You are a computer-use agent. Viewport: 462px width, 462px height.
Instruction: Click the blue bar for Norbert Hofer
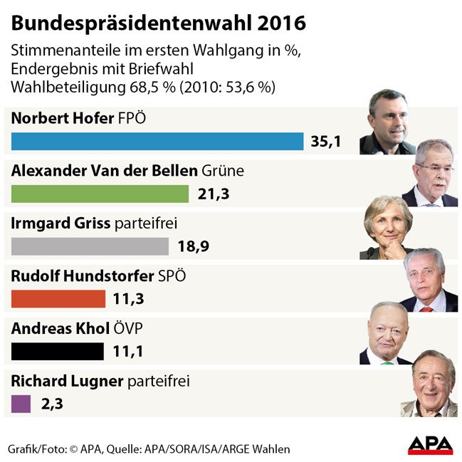tap(157, 141)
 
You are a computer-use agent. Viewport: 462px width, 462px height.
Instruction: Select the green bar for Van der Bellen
tap(100, 194)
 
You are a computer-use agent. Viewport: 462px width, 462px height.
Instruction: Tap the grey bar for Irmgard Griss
tap(90, 246)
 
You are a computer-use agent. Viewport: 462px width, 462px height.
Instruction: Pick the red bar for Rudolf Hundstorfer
tap(58, 298)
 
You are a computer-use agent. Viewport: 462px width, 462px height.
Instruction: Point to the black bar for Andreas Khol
tap(58, 351)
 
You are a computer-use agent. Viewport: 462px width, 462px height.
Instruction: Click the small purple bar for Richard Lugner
tap(21, 404)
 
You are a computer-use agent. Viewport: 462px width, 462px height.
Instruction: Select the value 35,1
tap(326, 142)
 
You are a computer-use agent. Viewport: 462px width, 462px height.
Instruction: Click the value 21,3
tap(211, 194)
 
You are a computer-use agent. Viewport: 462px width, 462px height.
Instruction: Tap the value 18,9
tap(191, 247)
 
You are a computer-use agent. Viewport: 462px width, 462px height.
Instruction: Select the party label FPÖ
tap(130, 117)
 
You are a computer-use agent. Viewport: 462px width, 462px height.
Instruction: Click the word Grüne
tap(223, 171)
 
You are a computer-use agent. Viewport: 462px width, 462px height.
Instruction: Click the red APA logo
tap(430, 445)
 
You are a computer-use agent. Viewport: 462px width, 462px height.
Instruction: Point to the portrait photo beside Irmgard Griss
tap(388, 228)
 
